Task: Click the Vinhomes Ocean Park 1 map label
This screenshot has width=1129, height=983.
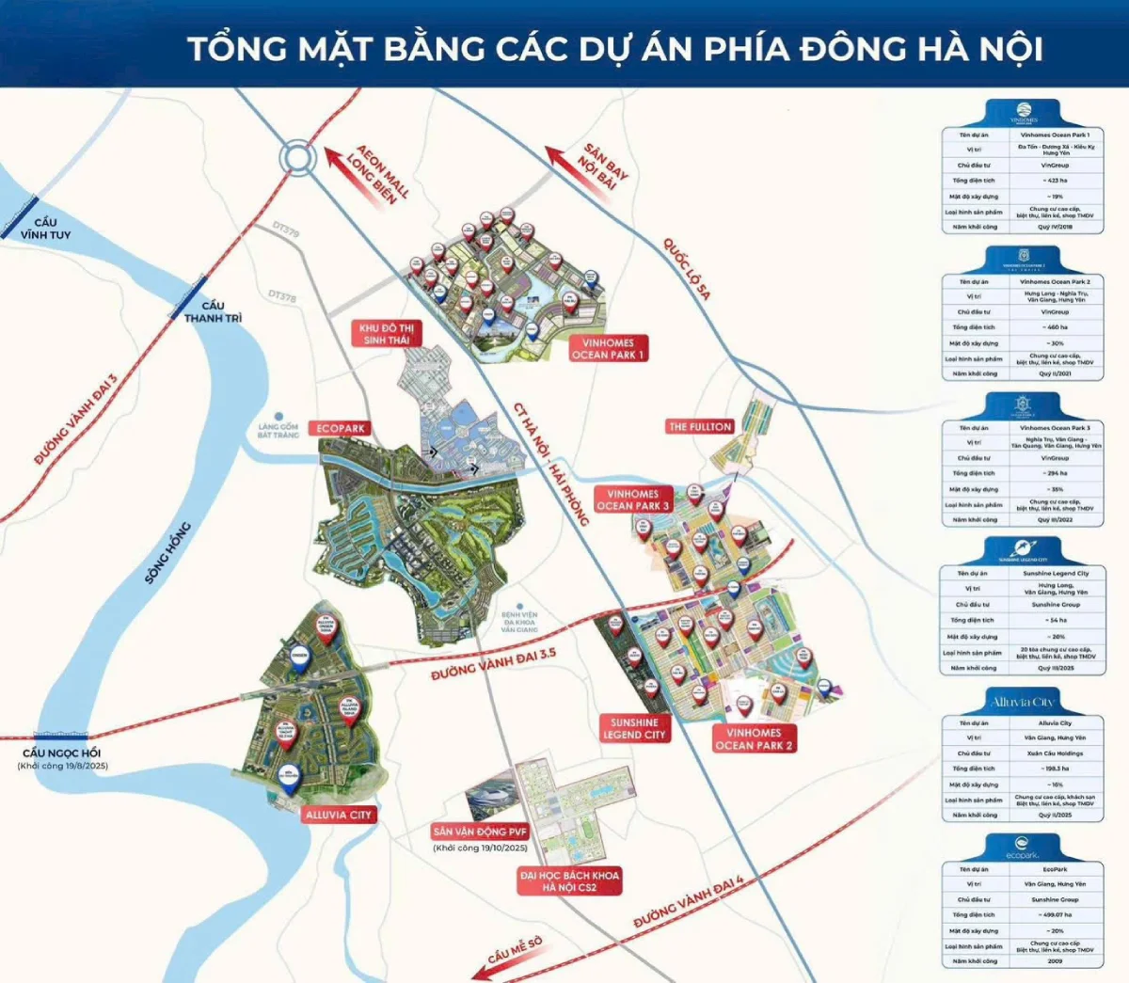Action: point(608,349)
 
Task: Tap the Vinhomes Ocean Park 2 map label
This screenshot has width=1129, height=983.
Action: point(754,738)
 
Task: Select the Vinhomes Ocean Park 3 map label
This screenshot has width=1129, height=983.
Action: point(633,499)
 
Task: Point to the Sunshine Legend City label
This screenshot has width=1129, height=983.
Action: point(637,728)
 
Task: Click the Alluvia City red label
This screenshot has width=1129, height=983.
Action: point(339,815)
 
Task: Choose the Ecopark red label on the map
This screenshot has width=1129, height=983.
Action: point(341,428)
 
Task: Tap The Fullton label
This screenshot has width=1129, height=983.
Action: point(699,426)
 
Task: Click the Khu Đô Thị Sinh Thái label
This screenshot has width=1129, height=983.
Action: point(387,334)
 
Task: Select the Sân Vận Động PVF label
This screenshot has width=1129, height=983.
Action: point(480,832)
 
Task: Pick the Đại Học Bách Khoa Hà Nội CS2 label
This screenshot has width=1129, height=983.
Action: point(569,880)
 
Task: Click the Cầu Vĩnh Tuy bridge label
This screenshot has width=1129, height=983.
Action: point(45,228)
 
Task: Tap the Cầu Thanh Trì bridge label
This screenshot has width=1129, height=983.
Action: point(213,311)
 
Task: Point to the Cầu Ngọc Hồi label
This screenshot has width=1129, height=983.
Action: point(62,753)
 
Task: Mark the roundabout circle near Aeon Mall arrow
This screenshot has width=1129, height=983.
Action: point(297,158)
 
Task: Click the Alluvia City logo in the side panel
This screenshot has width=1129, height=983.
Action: point(1022,702)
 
